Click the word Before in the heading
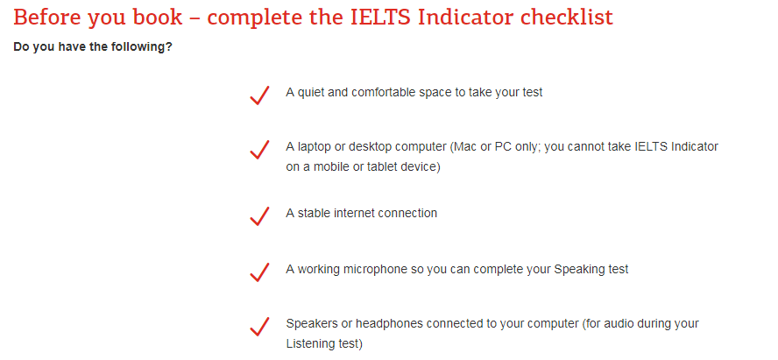coord(47,18)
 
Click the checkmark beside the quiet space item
coord(259,95)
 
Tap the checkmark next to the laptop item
coord(259,150)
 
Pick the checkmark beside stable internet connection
coord(259,216)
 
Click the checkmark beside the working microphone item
coord(259,272)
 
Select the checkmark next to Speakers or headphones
coord(259,327)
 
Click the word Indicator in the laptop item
coord(694,147)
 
